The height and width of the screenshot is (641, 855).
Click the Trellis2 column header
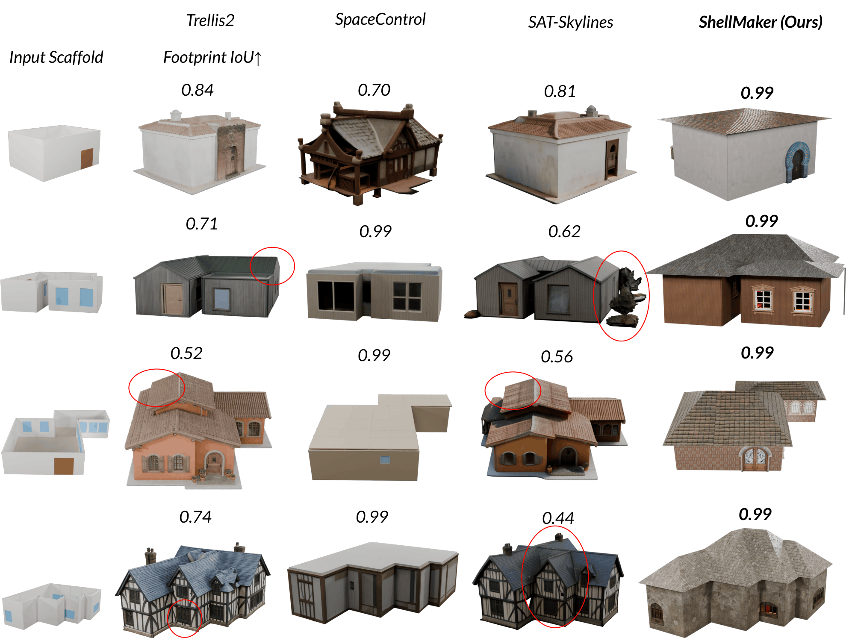(210, 20)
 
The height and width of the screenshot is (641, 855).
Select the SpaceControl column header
(380, 19)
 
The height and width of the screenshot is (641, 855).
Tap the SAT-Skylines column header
(570, 22)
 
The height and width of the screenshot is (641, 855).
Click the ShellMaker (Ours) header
(761, 22)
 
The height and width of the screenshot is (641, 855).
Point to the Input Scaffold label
(56, 57)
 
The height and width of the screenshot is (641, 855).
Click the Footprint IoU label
(212, 57)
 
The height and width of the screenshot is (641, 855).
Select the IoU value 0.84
(197, 90)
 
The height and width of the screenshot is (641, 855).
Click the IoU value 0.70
(374, 90)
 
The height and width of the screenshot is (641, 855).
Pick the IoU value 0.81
(560, 91)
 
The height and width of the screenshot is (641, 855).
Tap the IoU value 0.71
(202, 224)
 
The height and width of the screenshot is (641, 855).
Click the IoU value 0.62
(564, 232)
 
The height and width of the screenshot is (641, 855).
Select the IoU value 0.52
(186, 353)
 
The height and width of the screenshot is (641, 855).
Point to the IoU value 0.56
(557, 357)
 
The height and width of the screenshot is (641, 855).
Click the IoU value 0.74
(195, 517)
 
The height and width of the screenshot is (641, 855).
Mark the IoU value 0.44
(558, 518)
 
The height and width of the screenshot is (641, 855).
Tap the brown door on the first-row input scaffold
(87, 158)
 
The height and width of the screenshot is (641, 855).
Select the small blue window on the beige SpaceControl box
(385, 460)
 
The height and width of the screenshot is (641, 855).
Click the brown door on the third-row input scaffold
(64, 466)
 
